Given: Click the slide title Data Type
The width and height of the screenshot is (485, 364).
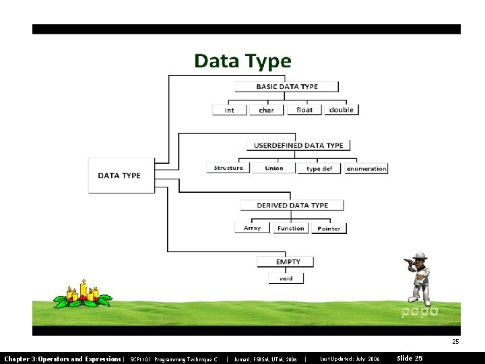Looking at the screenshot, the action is [243, 61].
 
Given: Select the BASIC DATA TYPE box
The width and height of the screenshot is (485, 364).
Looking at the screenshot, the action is [287, 86].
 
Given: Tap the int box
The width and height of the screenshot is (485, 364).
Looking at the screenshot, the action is [230, 110].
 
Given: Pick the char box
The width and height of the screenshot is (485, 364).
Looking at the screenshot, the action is [267, 110].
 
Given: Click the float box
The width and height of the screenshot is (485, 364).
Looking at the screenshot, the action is [304, 110].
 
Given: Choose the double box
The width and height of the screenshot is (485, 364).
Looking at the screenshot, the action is [342, 110].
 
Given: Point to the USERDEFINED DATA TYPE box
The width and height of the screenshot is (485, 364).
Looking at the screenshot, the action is [298, 145].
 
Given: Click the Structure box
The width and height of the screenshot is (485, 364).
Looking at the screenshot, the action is [228, 168].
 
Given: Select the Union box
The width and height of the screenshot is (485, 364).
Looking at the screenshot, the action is [274, 168].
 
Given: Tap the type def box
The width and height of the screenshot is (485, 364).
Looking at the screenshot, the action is [319, 169].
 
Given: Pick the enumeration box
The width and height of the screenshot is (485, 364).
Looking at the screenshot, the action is [366, 169].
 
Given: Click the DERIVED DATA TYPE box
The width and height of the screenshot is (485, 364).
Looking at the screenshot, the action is [292, 205].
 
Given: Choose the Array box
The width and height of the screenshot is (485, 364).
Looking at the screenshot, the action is [252, 228].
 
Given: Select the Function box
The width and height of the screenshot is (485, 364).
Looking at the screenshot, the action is [291, 228].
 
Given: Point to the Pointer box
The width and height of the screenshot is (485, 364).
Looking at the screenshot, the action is [329, 229].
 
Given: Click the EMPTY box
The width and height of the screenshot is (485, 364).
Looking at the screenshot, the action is [288, 262].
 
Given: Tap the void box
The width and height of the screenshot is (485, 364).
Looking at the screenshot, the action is [286, 278].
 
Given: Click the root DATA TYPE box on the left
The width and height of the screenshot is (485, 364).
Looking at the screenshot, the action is [121, 175].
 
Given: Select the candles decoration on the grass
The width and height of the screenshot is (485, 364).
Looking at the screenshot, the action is [83, 294].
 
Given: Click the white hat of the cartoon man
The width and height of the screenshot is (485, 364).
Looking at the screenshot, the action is [420, 256].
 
